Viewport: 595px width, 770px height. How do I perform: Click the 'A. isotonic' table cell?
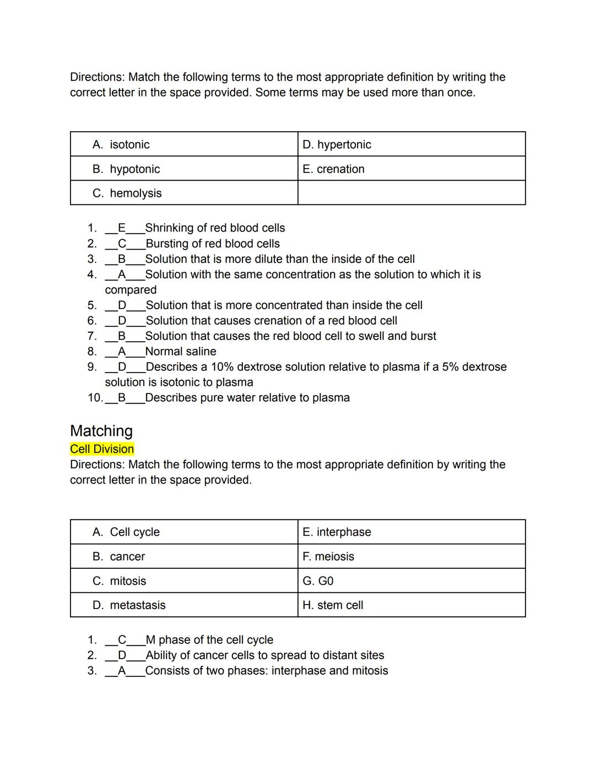184,144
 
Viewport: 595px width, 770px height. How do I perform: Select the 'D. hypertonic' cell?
411,144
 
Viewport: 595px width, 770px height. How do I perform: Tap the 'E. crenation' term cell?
411,169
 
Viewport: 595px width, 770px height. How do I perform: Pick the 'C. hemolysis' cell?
184,193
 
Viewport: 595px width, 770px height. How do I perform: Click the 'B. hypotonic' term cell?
184,169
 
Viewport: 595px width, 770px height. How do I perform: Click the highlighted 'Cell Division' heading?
102,449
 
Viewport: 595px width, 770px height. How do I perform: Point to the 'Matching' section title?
101,430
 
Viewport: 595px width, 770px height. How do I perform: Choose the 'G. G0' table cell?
411,580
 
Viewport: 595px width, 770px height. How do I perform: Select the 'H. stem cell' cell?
411,605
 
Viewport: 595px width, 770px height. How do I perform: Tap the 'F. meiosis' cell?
411,556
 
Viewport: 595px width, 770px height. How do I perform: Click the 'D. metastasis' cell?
184,605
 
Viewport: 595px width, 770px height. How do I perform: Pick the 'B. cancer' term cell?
184,556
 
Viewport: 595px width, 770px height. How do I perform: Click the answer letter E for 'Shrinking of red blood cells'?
122,228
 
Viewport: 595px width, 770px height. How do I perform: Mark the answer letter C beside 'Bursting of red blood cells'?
122,243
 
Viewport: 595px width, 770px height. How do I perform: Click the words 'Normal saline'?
181,351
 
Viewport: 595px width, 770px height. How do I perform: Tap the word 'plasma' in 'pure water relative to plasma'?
331,397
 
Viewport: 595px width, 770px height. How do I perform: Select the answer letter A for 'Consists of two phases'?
122,670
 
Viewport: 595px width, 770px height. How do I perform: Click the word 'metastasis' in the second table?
138,605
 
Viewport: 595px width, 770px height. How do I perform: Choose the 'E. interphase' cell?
411,532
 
